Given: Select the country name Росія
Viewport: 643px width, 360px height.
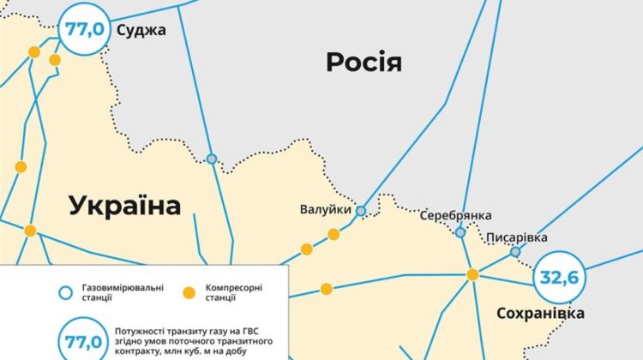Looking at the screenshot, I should click(x=364, y=62).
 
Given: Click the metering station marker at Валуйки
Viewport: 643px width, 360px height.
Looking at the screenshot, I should click(x=361, y=211).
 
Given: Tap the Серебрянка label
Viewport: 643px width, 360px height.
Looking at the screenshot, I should click(x=455, y=215).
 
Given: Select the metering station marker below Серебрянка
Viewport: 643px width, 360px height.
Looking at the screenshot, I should click(x=460, y=232).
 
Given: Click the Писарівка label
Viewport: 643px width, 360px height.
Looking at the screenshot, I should click(x=517, y=237).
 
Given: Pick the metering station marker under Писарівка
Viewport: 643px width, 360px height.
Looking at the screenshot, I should click(x=515, y=252).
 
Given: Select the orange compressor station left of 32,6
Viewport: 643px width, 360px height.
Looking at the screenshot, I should click(x=472, y=274).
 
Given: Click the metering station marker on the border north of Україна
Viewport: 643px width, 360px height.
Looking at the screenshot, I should click(x=212, y=159).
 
